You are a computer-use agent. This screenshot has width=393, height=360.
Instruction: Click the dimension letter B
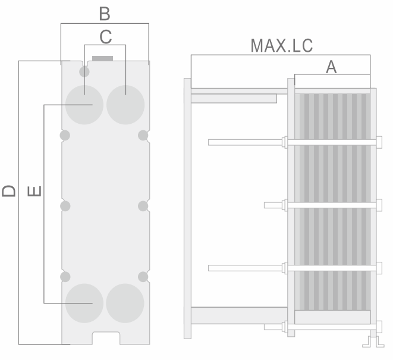(105, 14)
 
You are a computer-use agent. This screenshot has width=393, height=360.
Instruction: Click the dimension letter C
(105, 37)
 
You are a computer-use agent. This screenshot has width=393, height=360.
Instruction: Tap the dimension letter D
(9, 191)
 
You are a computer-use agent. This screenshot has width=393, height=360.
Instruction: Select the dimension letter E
(34, 191)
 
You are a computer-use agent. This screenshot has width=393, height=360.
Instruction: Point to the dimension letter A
(331, 67)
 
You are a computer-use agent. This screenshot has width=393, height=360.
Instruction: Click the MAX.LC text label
(282, 46)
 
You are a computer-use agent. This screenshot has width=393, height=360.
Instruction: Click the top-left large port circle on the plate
(84, 105)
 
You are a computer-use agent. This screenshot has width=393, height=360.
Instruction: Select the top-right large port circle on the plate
(125, 105)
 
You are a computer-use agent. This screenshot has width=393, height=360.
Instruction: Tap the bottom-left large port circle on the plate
(84, 303)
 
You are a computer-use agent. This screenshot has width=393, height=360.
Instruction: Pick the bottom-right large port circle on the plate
(125, 303)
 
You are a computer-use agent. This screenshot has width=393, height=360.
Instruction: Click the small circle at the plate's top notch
(84, 72)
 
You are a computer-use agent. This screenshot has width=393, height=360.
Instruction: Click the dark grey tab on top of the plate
(102, 58)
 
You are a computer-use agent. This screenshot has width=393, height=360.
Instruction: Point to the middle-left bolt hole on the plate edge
(65, 206)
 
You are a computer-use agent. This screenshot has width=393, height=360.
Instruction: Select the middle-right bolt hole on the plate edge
(143, 206)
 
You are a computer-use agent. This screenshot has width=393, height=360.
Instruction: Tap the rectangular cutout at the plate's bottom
(106, 338)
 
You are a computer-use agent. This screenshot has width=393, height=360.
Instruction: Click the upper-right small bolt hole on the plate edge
(143, 136)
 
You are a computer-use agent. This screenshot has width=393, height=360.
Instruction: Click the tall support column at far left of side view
(187, 208)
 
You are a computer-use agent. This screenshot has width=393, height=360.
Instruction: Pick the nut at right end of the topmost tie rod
(379, 142)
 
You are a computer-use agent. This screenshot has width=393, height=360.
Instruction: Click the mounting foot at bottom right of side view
(373, 342)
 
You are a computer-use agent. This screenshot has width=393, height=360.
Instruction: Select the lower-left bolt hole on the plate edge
(65, 277)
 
